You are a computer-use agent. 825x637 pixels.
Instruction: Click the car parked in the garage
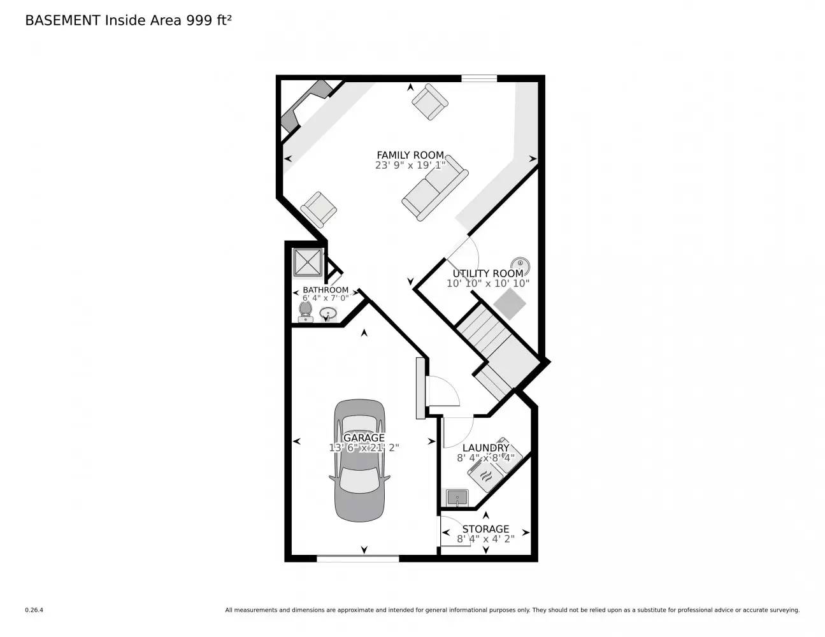(x=360, y=461)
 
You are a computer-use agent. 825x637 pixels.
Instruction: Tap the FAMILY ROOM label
(x=410, y=155)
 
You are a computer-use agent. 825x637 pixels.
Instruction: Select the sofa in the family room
(x=435, y=187)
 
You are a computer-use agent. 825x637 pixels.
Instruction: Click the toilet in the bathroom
(x=305, y=311)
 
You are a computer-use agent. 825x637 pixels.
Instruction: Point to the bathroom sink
(x=329, y=313)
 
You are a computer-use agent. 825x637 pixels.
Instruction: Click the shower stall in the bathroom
(x=308, y=262)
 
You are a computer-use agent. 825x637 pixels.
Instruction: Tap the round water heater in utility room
(x=520, y=263)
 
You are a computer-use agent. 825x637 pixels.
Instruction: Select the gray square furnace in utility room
(x=510, y=304)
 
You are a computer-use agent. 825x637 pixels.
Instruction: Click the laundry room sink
(x=457, y=497)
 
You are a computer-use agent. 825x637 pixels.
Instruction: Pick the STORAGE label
(x=485, y=529)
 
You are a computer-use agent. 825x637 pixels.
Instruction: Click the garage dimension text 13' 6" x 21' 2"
(x=364, y=448)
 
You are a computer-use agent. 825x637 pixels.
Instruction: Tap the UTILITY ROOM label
(x=487, y=273)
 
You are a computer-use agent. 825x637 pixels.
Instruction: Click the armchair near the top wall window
(x=429, y=102)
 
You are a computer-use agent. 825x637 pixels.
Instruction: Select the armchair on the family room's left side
(x=319, y=210)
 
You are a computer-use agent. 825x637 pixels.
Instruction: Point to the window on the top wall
(x=479, y=79)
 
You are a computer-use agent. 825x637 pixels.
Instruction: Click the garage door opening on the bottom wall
(x=357, y=559)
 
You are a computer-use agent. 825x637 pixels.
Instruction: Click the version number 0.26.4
(x=34, y=610)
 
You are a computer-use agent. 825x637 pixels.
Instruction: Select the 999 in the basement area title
(x=198, y=20)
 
